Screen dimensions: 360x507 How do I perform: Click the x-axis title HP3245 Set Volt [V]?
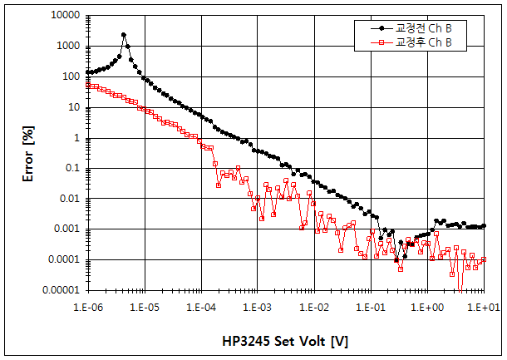pos(285,341)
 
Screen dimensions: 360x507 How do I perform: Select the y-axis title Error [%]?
pos(27,153)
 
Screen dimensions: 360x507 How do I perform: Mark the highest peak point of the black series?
pos(124,35)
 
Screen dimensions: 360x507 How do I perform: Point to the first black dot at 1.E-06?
pos(88,72)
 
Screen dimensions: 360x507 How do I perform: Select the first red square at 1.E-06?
pos(88,85)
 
